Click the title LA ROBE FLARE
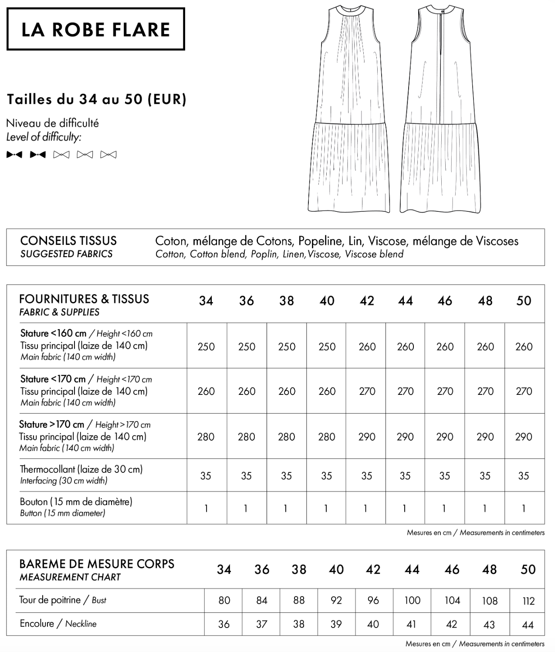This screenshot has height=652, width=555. click(x=95, y=30)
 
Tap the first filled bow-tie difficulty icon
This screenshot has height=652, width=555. click(x=14, y=155)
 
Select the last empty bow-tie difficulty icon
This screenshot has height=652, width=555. click(x=108, y=155)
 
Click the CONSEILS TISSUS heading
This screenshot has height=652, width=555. click(x=68, y=241)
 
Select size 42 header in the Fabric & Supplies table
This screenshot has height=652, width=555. click(x=367, y=301)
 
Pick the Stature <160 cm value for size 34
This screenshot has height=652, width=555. click(x=206, y=346)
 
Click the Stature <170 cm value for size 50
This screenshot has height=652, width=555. click(x=524, y=391)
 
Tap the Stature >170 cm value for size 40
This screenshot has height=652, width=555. click(x=327, y=437)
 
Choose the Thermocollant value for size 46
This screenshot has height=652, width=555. click(x=444, y=476)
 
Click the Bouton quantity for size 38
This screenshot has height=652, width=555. click(x=286, y=509)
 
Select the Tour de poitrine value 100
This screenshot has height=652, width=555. click(x=412, y=601)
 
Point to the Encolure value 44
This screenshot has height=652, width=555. click(x=528, y=625)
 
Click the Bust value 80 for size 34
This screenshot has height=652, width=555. click(x=224, y=601)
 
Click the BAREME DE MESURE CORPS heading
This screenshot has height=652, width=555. click(x=97, y=564)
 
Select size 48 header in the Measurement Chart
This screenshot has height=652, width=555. click(x=489, y=569)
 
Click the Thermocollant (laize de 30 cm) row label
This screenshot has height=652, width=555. click(x=81, y=469)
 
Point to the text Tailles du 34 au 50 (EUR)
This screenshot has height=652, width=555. click(x=97, y=99)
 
